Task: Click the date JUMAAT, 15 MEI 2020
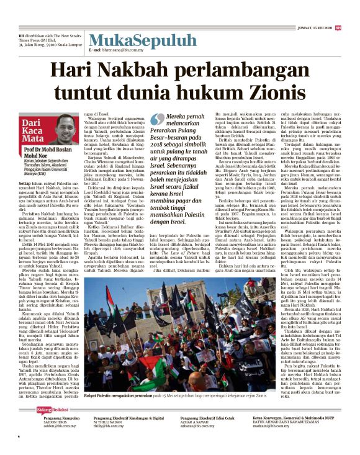point(310,27)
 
